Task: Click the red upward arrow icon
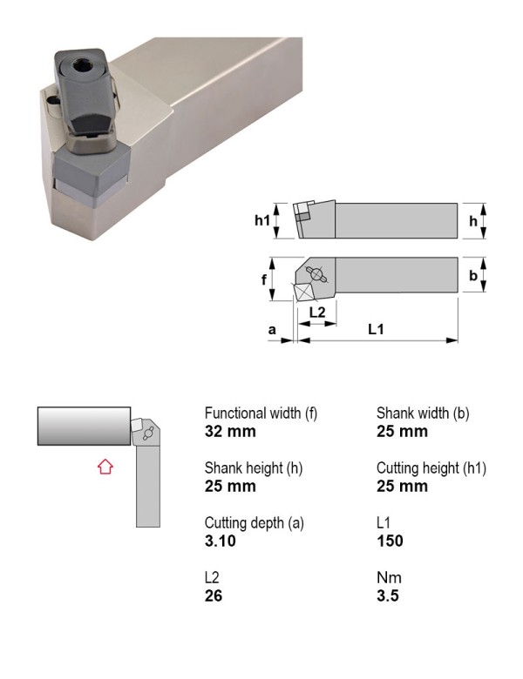point(105,467)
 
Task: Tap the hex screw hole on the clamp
point(81,67)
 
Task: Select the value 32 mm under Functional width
point(230,432)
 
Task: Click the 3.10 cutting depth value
point(220,541)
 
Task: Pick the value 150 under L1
point(390,541)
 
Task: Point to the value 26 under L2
point(214,595)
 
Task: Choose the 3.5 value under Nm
point(387,595)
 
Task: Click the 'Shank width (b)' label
point(423,413)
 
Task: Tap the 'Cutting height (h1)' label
point(431,468)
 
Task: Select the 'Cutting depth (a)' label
point(255,523)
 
